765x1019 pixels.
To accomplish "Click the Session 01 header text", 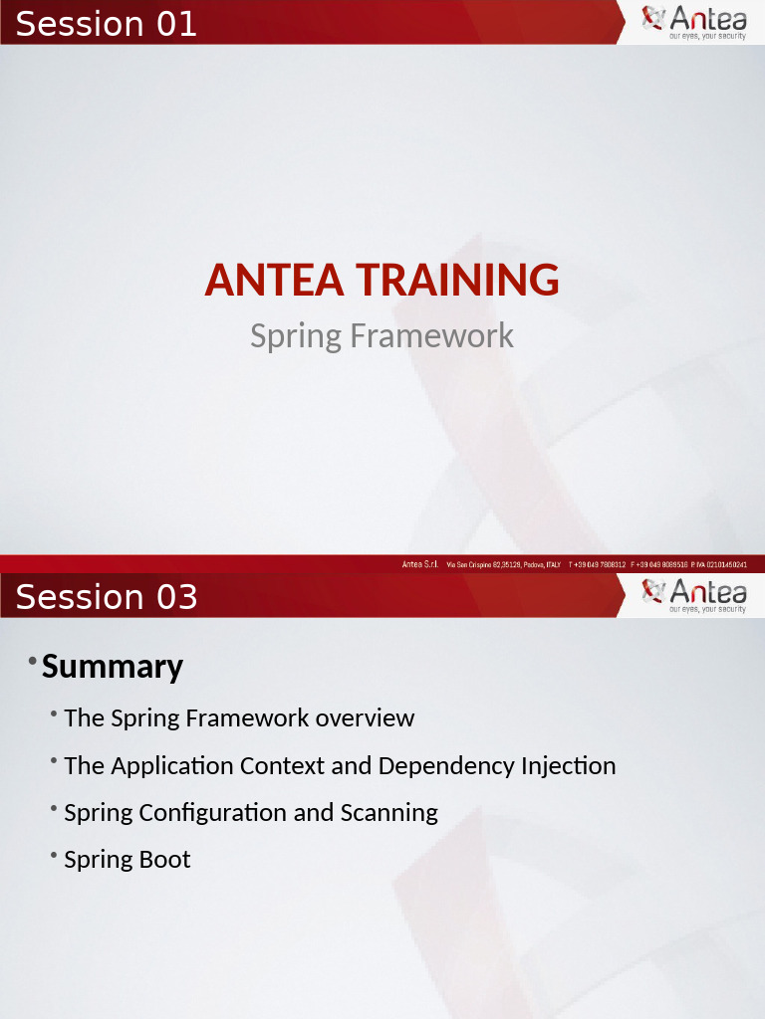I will (107, 23).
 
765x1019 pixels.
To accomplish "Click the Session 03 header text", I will (107, 597).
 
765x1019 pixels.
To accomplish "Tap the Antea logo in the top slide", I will (693, 22).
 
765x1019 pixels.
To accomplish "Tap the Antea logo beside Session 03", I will (693, 595).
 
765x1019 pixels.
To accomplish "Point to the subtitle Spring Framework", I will (382, 335).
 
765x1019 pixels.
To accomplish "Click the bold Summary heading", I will (113, 667).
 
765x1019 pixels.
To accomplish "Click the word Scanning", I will (388, 813).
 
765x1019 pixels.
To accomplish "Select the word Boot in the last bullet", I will (164, 860).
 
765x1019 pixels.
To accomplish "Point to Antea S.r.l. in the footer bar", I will (420, 564).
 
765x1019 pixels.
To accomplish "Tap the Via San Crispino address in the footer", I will (503, 564).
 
